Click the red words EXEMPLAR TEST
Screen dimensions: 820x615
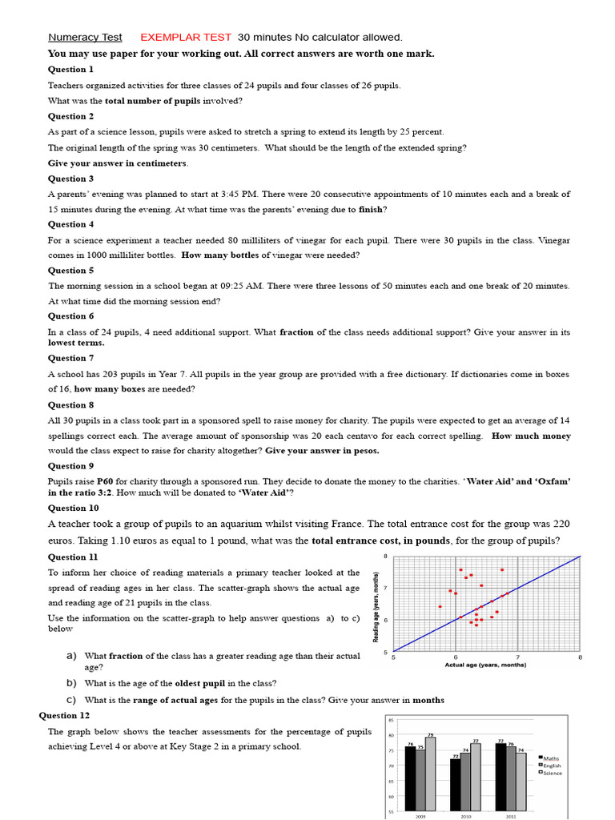[186, 38]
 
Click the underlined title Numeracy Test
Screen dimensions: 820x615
[85, 38]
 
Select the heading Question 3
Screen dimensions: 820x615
[70, 179]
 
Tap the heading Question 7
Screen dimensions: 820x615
[70, 358]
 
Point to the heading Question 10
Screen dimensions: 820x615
[73, 508]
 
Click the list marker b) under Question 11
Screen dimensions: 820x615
[71, 683]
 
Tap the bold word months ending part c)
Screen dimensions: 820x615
[428, 700]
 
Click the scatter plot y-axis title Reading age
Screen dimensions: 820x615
[376, 604]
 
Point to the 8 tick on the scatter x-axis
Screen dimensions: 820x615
[579, 657]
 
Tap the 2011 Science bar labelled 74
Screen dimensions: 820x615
[521, 785]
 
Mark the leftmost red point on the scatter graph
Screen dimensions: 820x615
[440, 606]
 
